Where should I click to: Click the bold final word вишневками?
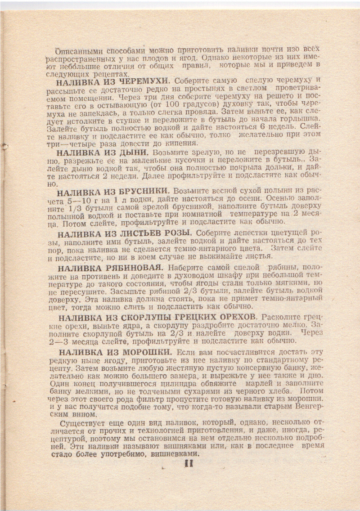(x=172, y=455)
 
